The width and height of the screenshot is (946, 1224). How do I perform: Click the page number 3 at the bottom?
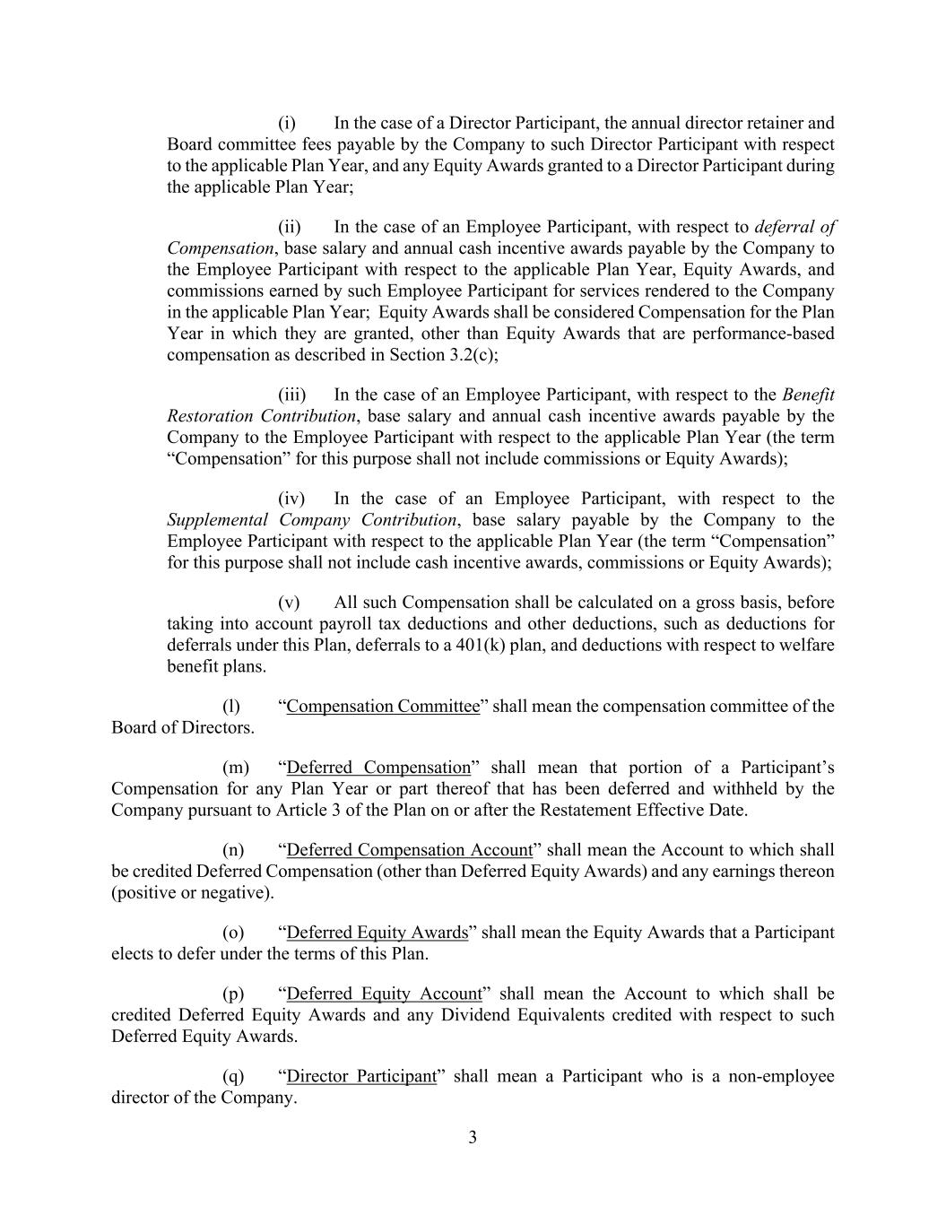[x=473, y=1138]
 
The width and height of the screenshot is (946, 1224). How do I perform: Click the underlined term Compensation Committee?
[x=383, y=707]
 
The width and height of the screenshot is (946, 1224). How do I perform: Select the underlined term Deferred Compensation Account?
[x=409, y=850]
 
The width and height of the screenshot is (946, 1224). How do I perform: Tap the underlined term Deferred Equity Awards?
[x=377, y=933]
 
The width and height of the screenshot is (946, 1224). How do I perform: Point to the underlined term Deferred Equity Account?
[x=384, y=994]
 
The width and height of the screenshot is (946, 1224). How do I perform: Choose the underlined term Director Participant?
[x=360, y=1076]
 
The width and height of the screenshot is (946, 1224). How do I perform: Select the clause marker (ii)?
[x=289, y=227]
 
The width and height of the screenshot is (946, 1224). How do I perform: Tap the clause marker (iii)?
[x=291, y=395]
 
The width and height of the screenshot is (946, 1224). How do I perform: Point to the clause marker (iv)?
[x=291, y=499]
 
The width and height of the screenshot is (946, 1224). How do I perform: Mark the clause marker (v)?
[x=288, y=603]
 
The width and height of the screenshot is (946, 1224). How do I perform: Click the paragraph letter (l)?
[x=230, y=707]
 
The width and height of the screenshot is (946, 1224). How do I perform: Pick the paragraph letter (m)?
[x=234, y=768]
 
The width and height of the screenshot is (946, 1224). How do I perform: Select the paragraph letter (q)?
[x=232, y=1076]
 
